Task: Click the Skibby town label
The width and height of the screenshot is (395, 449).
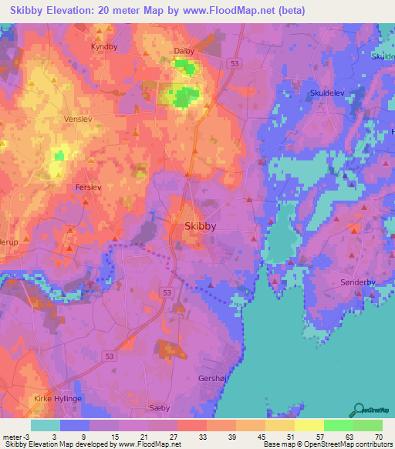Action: pos(201,227)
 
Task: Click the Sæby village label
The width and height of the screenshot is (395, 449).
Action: pos(159,408)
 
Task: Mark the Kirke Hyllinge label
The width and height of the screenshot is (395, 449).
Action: pos(57,399)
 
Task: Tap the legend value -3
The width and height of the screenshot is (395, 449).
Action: pos(13,436)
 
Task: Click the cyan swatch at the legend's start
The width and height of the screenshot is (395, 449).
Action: pos(46,425)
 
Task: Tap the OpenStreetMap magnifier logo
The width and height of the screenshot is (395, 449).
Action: pos(358,410)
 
